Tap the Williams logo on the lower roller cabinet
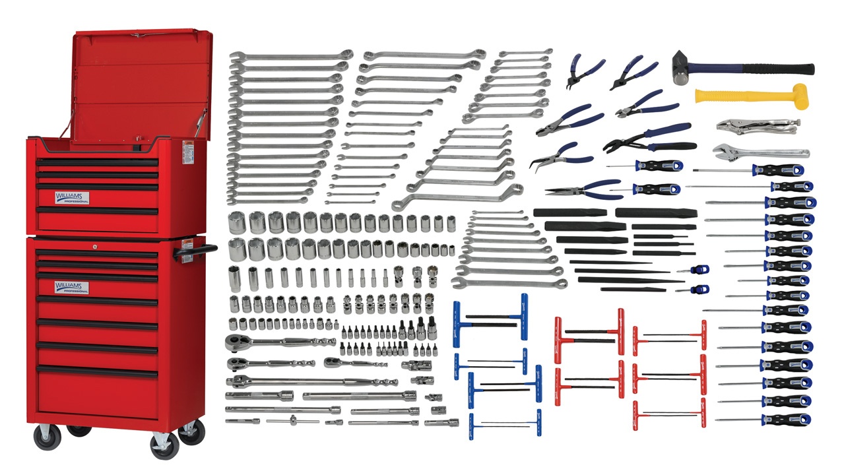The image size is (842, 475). point(72,287)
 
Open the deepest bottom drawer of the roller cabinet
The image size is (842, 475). point(97,395)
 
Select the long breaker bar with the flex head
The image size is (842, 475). point(310,381)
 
